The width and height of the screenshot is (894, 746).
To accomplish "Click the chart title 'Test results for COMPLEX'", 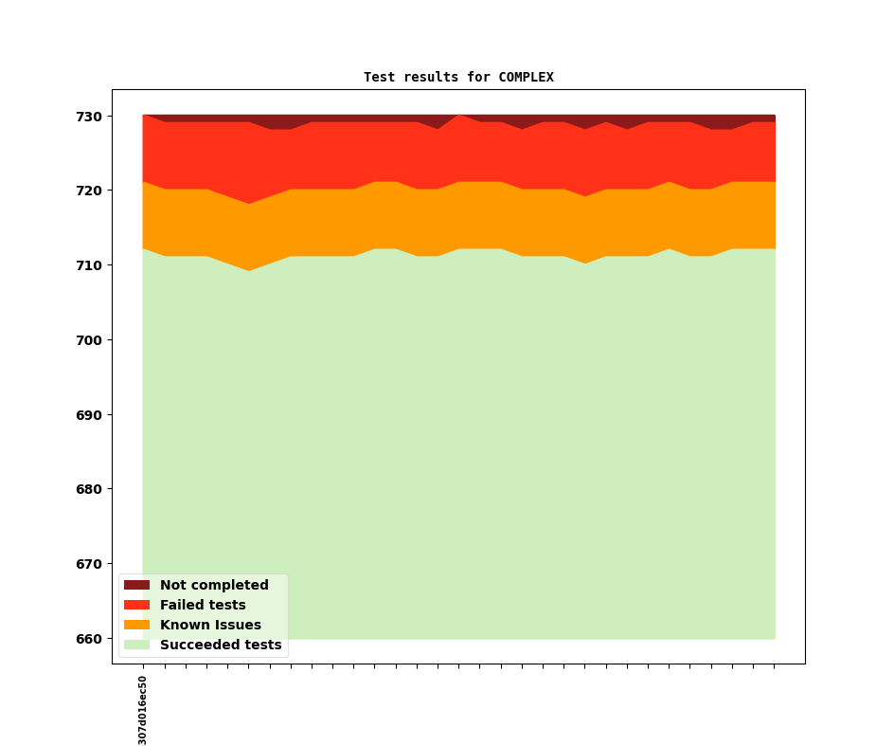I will (x=458, y=77).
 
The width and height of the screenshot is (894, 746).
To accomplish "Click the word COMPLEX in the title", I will (x=526, y=77).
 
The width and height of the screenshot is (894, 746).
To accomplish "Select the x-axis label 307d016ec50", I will (x=143, y=710).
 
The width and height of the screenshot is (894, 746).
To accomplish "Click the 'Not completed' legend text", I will (x=214, y=585).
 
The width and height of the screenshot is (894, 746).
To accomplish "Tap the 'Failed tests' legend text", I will (x=203, y=605).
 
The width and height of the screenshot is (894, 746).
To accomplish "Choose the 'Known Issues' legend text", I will (x=210, y=625).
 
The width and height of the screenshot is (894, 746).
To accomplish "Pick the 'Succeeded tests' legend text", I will (x=221, y=645).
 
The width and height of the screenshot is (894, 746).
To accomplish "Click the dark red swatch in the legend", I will (x=136, y=585).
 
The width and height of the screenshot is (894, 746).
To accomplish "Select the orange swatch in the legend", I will (x=136, y=625).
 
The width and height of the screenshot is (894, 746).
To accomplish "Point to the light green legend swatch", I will (x=136, y=645).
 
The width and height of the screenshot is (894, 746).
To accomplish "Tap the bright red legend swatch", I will (x=136, y=605).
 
